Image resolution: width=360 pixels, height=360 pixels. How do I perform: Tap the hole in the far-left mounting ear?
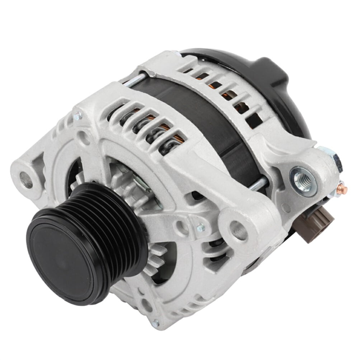click(x=26, y=179)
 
